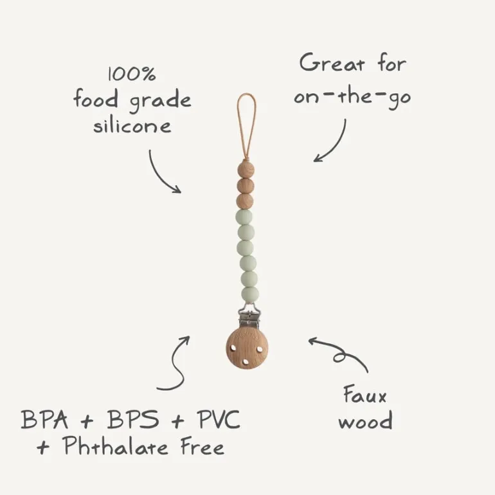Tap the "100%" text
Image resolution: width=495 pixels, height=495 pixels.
pyautogui.click(x=132, y=74)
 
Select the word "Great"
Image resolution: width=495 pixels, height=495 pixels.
pyautogui.click(x=332, y=63)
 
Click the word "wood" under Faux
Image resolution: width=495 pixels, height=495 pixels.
pyautogui.click(x=366, y=420)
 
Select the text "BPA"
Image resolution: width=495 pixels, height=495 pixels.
pyautogui.click(x=44, y=419)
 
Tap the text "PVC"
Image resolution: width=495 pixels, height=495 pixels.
pyautogui.click(x=219, y=419)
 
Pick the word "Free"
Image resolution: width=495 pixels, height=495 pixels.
pyautogui.click(x=203, y=446)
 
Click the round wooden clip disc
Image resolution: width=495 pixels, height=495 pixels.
pyautogui.click(x=247, y=348)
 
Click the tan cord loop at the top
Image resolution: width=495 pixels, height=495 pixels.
pyautogui.click(x=247, y=126)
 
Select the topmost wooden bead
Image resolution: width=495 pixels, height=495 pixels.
pyautogui.click(x=246, y=169)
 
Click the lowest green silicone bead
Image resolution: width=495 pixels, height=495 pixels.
pyautogui.click(x=250, y=294)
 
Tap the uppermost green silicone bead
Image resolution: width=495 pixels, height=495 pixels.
pyautogui.click(x=244, y=217)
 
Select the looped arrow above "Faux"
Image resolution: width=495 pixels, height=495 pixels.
pyautogui.click(x=341, y=352)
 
